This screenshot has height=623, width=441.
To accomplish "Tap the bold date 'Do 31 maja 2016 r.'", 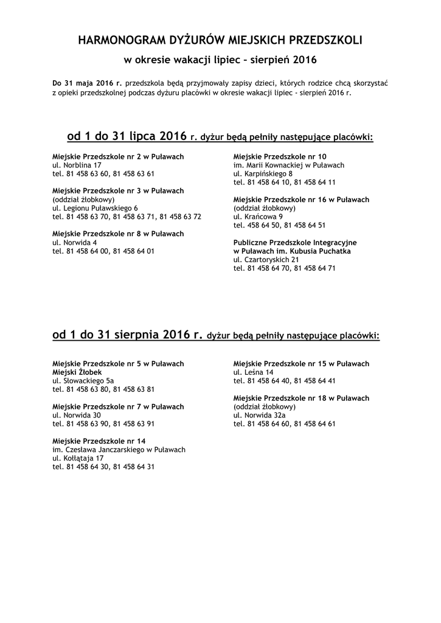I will [87, 82].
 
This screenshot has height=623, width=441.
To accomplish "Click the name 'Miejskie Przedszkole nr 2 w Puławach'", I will [118, 156].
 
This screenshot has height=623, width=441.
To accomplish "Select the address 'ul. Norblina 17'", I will [77, 165].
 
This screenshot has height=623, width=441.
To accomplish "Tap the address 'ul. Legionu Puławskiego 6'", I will [95, 207].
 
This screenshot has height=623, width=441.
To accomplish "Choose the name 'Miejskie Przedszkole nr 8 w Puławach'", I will [118, 233].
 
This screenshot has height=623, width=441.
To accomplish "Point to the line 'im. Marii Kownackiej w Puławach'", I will [288, 165].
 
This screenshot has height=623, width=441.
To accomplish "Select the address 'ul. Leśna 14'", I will [253, 372].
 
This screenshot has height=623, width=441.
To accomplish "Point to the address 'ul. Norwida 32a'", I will [259, 415].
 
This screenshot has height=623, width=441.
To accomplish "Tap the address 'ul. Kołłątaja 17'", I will [78, 458].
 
